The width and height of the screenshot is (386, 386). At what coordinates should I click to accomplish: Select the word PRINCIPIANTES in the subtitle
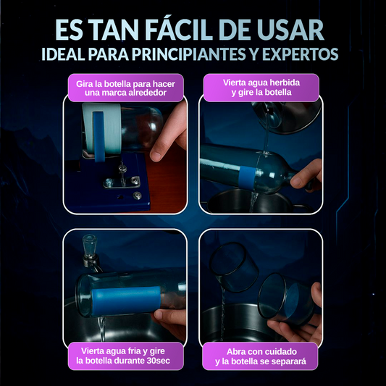point(189,54)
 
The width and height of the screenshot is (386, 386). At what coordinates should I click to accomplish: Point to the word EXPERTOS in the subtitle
point(301,54)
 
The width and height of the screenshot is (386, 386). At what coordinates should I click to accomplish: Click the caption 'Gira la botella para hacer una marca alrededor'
point(125,88)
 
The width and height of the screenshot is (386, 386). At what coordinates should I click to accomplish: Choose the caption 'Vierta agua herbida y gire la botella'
point(261,88)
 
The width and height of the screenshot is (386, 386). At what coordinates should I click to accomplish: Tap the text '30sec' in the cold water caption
point(159,361)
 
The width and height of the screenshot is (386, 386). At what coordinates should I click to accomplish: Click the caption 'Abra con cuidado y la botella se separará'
point(261,356)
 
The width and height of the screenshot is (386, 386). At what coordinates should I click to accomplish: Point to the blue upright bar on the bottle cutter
point(99,136)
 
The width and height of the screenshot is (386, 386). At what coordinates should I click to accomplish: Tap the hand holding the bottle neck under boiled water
point(306,175)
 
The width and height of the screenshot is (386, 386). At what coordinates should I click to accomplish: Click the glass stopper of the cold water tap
point(89,243)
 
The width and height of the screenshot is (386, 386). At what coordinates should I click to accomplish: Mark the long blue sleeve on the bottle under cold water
point(126,301)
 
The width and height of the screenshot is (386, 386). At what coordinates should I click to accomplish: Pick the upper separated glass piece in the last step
point(234,267)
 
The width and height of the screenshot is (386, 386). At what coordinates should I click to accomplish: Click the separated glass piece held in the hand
point(285,298)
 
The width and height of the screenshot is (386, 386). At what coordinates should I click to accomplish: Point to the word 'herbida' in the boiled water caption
point(285,83)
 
